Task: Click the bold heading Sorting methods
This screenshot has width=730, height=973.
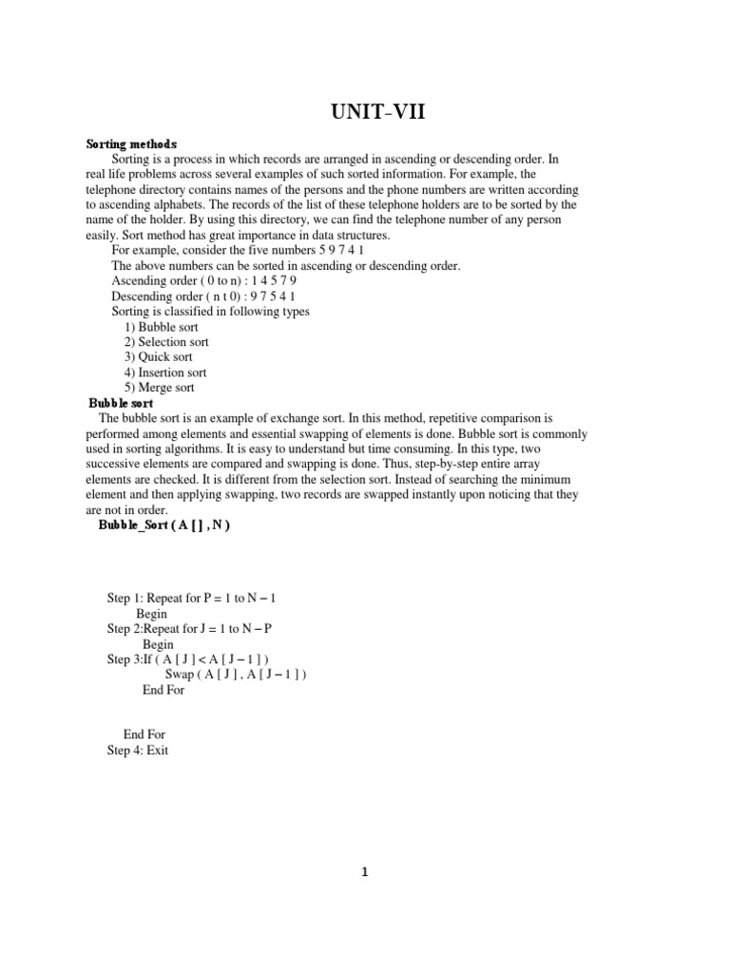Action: click(x=131, y=143)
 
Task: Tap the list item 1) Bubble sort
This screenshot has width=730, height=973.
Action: click(x=161, y=326)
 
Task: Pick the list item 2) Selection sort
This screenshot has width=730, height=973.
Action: click(x=166, y=341)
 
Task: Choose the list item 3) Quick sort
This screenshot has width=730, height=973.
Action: click(x=158, y=357)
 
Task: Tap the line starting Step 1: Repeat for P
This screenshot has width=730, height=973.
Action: click(x=191, y=599)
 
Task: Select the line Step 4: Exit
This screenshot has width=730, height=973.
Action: click(x=137, y=750)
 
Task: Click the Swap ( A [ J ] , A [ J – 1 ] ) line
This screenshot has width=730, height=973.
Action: click(x=236, y=675)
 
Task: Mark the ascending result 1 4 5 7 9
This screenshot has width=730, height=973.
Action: click(x=272, y=280)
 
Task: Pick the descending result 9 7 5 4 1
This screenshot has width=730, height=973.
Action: click(x=273, y=296)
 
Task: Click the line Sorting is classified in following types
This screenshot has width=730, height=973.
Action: click(x=210, y=311)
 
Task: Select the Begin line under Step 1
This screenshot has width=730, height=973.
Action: click(x=151, y=614)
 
